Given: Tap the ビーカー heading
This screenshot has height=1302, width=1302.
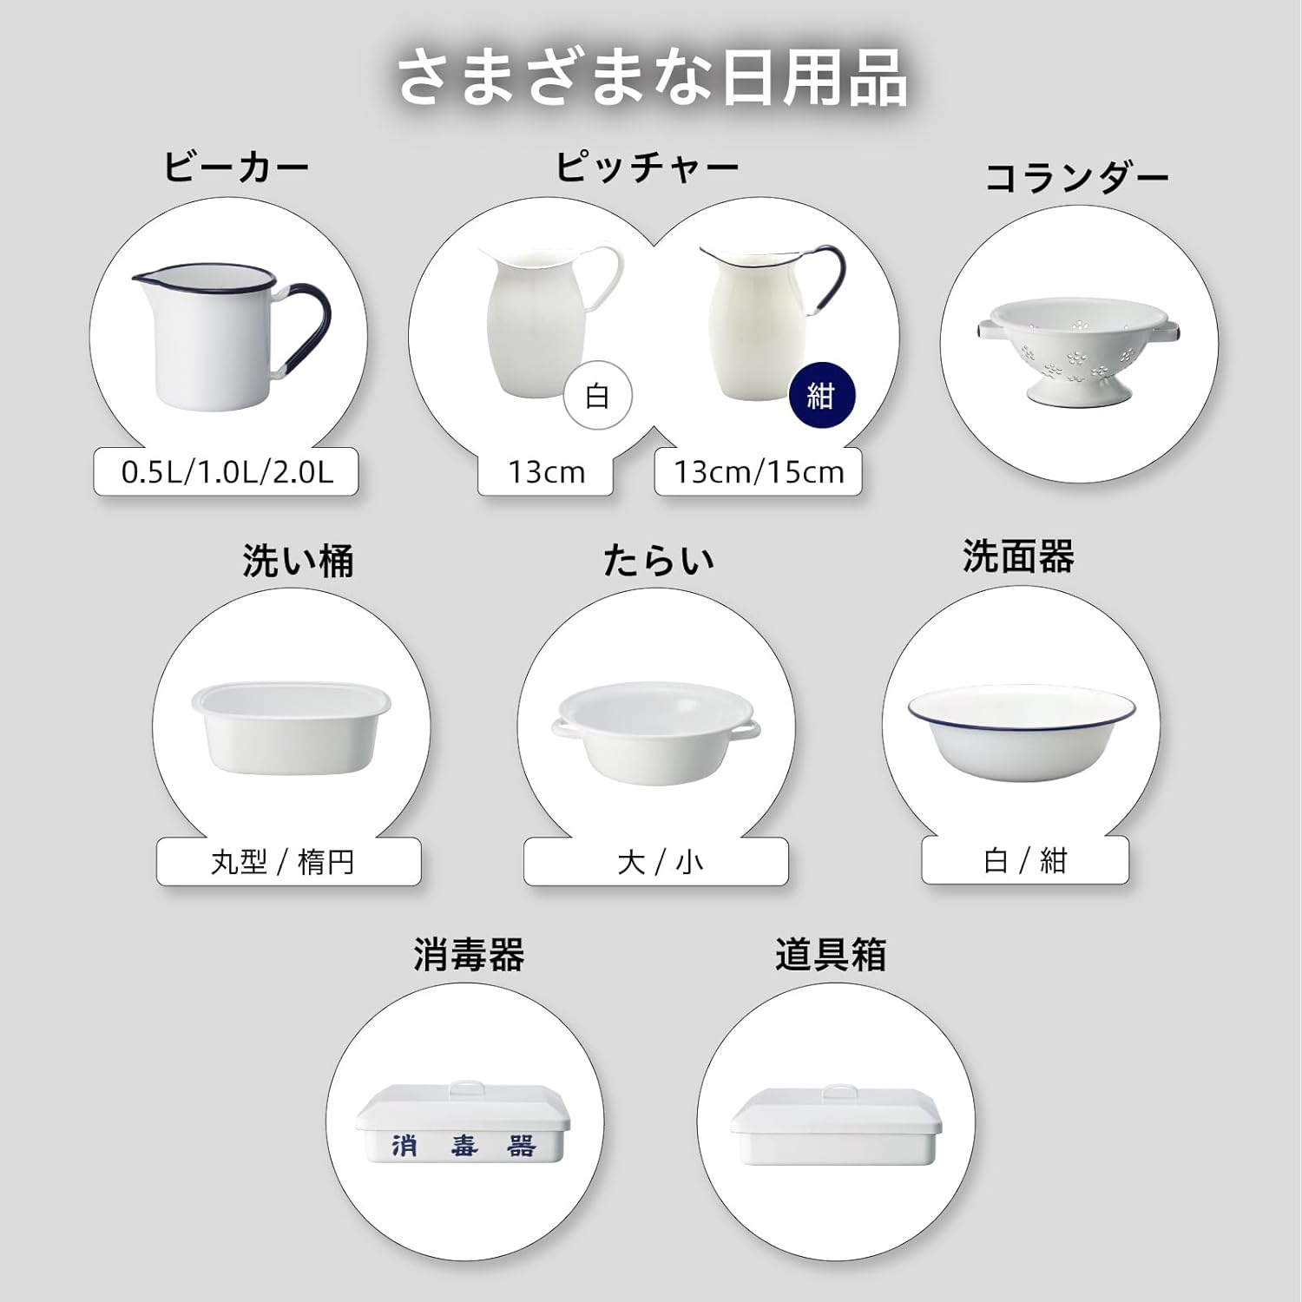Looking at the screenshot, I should click(236, 167).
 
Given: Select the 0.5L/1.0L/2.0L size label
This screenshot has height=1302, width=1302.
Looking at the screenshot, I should click(227, 472).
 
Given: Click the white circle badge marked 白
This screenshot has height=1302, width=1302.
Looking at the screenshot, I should click(597, 396).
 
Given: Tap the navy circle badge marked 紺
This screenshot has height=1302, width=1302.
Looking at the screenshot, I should click(821, 396).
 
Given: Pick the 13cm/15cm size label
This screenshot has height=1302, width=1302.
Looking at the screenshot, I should click(759, 472).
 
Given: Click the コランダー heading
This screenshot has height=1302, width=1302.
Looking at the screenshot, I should click(1076, 178).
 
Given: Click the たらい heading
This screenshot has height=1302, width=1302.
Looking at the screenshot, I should click(658, 560).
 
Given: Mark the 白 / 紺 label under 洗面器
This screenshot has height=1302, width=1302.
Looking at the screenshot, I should click(1025, 860).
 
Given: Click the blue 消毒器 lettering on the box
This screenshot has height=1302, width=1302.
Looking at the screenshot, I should click(464, 1146).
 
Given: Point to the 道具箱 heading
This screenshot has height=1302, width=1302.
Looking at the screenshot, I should click(831, 955).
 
